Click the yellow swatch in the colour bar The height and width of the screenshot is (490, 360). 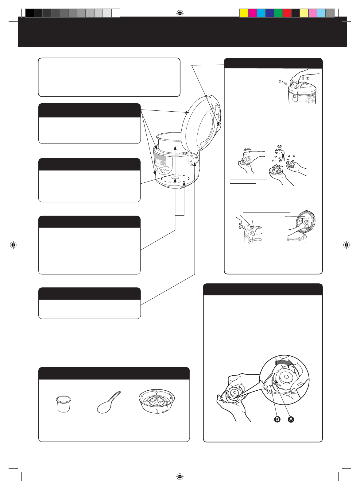(244, 13)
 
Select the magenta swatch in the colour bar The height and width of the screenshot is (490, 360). (253, 13)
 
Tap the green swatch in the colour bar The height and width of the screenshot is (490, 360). (278, 13)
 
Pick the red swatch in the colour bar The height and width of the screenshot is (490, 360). (287, 13)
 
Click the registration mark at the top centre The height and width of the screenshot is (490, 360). (180, 13)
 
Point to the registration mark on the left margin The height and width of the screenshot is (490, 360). (13, 245)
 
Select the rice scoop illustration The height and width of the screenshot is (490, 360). (109, 402)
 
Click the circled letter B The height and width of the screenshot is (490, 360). (277, 419)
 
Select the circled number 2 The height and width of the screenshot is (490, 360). (308, 78)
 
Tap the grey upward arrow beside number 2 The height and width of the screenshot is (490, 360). (303, 78)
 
